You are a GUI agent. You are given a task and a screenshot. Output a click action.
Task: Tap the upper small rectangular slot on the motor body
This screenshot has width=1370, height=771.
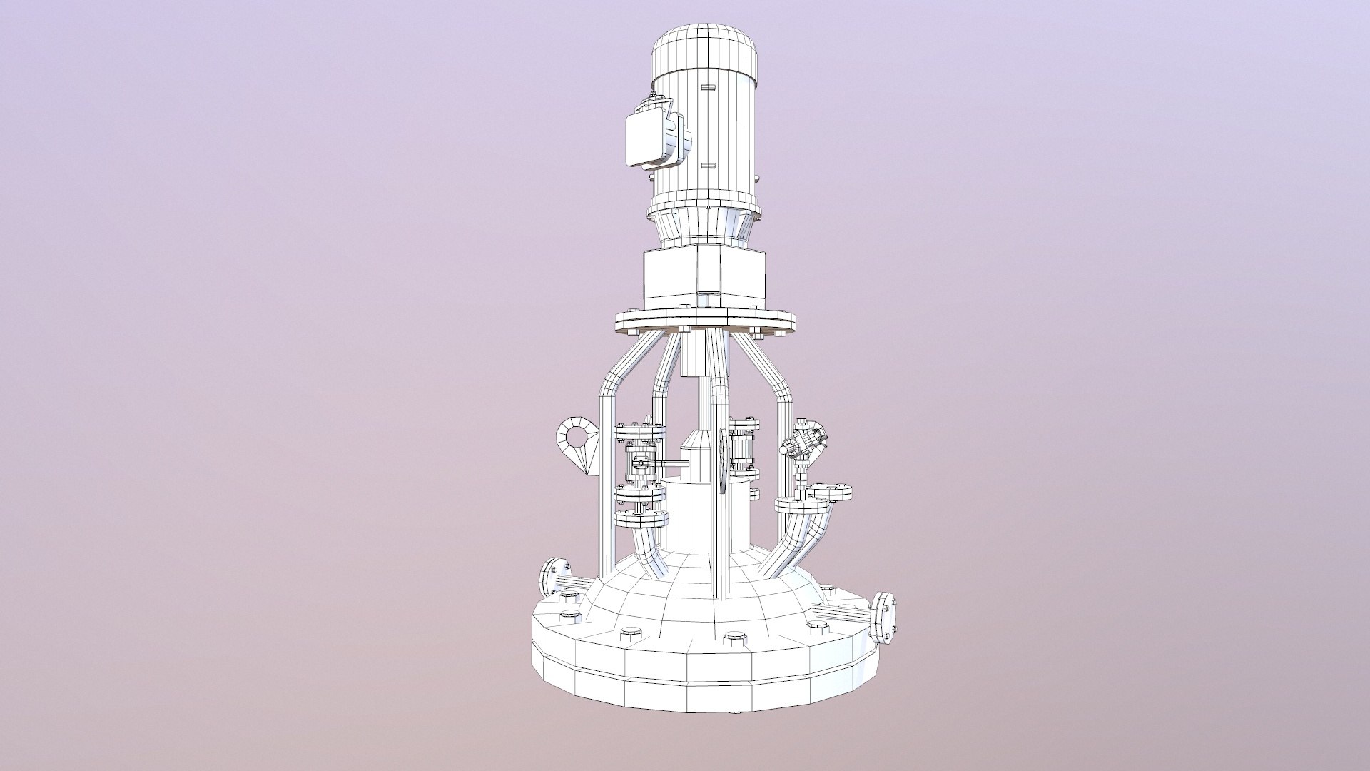707,87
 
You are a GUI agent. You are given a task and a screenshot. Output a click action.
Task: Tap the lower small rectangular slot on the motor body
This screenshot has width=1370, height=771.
707,165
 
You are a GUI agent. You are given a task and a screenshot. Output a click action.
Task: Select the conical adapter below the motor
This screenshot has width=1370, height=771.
704,226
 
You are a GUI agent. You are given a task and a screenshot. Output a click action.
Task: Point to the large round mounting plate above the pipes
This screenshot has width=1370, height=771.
704,322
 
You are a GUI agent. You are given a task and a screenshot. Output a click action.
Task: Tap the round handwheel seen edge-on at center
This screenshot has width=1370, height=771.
724,461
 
